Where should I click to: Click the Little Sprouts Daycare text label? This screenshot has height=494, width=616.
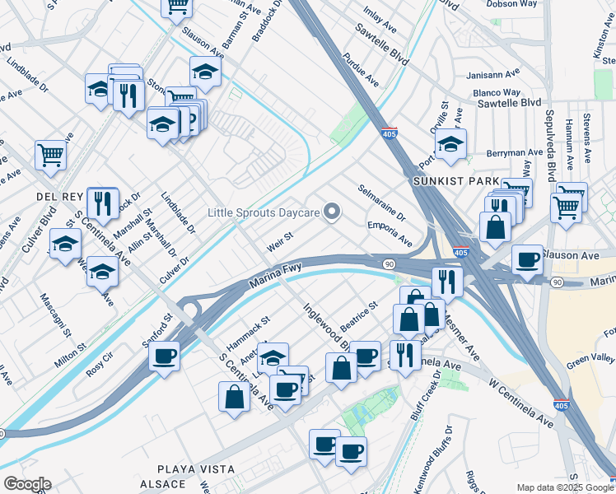pos(263,212)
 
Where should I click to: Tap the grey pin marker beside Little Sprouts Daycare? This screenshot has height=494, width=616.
pos(333,212)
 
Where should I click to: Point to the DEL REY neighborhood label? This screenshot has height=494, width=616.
pos(55,197)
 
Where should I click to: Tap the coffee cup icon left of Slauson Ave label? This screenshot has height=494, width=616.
pos(527,259)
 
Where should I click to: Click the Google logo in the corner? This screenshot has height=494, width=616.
pos(26,484)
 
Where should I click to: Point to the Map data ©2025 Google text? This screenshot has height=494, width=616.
pos(564,487)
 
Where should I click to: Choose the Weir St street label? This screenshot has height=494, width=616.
pos(280,243)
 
